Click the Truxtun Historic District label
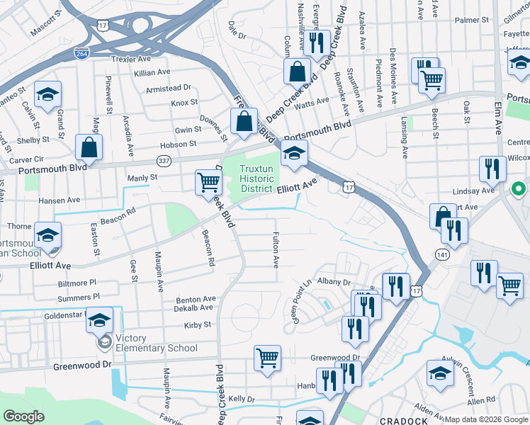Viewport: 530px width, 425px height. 255,178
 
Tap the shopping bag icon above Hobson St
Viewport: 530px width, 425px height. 90,147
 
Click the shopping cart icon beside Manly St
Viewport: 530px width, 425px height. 208,181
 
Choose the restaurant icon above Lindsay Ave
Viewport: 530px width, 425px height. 491,169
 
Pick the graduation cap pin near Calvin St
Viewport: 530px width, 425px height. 48,94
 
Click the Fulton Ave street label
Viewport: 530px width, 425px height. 275,251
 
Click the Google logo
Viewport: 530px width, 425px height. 23,416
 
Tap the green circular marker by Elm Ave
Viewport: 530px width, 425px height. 519,189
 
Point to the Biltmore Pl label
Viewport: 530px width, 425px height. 77,283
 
